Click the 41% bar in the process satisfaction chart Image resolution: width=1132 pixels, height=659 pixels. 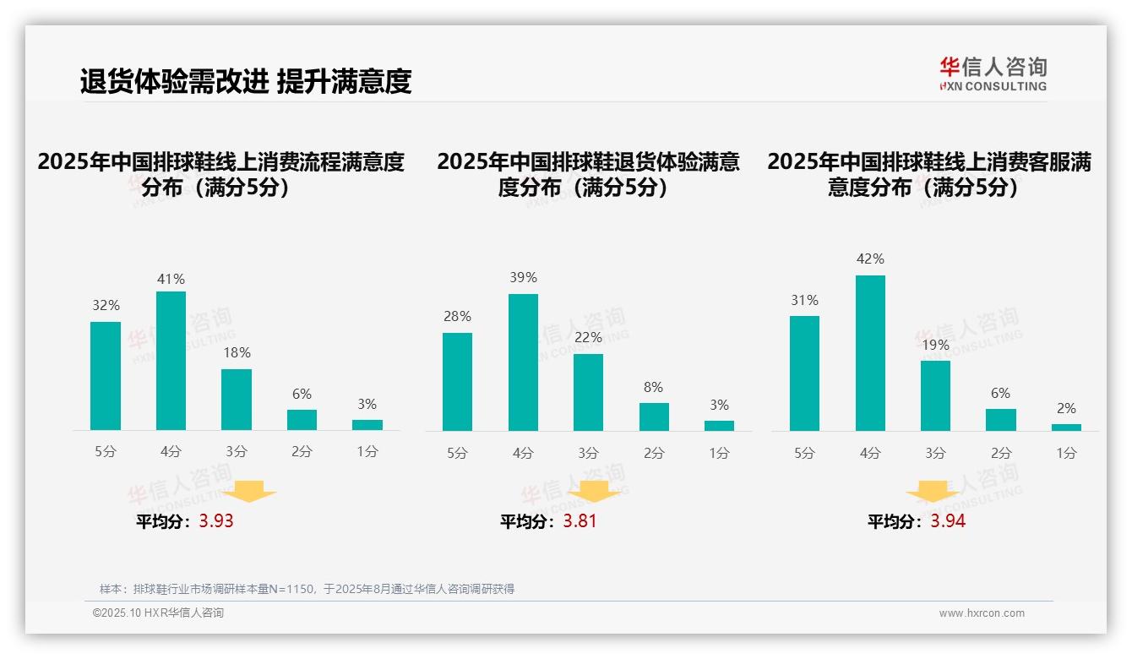point(171,361)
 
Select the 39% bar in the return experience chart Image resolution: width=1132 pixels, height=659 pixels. point(523,362)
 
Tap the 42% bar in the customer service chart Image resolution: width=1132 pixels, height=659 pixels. point(870,353)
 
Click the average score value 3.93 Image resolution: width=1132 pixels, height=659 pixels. point(216,521)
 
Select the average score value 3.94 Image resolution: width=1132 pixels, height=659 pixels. point(948,521)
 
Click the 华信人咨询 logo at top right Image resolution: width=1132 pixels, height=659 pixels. point(993,74)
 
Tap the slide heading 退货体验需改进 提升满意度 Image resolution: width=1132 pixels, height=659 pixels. point(246,81)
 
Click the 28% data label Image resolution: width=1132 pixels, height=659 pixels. point(457,317)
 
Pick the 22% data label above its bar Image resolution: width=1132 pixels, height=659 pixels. point(588,338)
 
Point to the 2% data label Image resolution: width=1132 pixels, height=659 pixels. point(1066,409)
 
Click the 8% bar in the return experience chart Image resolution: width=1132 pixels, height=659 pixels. point(654,417)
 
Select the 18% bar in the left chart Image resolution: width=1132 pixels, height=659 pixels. point(237,400)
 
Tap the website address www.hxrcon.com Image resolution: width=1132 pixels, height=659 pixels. point(982,613)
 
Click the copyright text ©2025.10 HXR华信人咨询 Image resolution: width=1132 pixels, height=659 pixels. point(158,613)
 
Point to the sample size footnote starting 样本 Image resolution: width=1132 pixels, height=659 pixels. point(307,589)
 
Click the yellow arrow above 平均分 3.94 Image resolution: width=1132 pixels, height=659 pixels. point(933,493)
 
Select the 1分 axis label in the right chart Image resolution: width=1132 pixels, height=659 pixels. point(1066,453)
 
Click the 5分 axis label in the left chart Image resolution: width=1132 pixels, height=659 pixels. point(106,452)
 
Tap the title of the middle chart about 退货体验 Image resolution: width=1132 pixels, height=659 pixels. point(588,174)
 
